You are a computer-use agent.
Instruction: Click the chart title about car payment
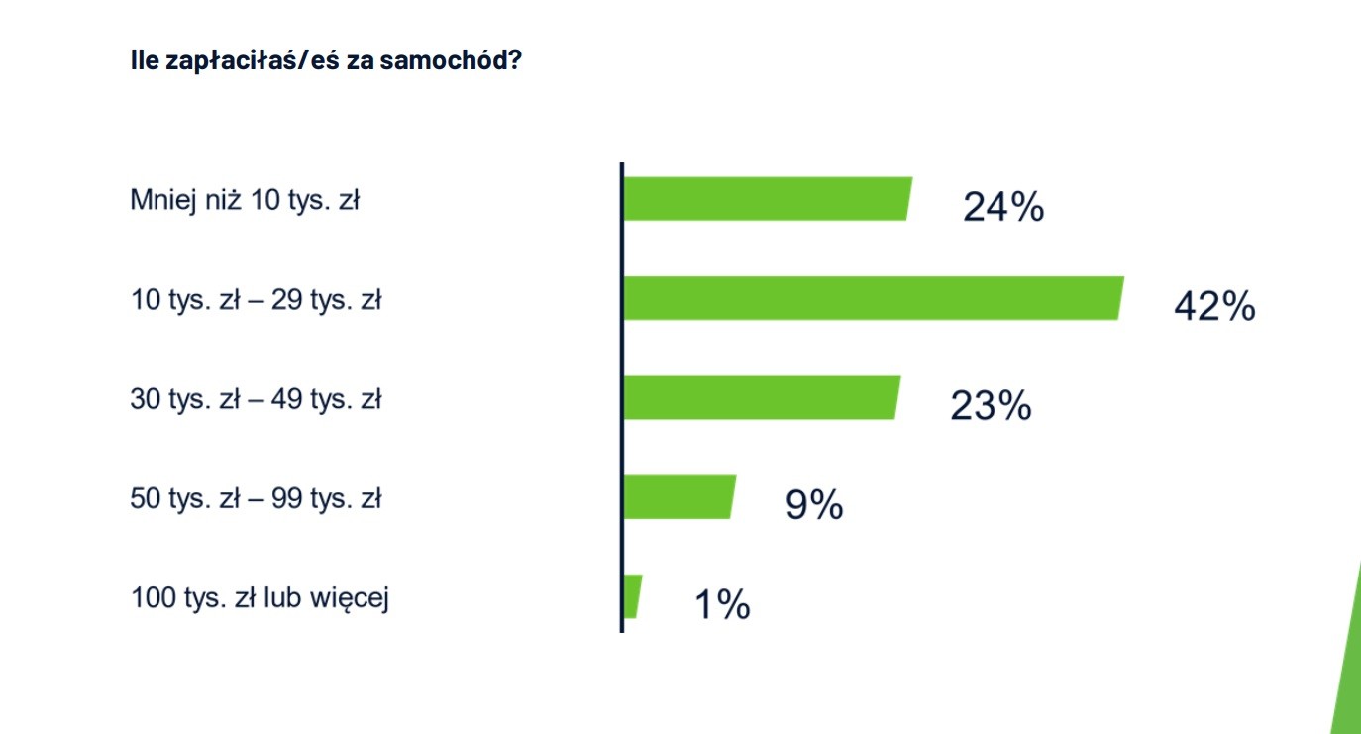tap(326, 60)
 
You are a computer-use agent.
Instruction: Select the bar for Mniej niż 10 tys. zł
tap(766, 199)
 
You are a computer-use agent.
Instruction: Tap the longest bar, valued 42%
tap(873, 298)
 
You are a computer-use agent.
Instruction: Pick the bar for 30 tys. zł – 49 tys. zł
tap(761, 397)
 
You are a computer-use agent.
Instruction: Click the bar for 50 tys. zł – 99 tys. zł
tap(679, 496)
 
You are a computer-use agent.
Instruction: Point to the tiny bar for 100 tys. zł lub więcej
tap(632, 596)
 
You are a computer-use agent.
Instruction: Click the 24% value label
tap(1003, 208)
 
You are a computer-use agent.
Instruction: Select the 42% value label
tap(1214, 307)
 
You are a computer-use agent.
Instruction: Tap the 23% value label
tap(991, 406)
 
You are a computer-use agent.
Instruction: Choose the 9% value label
tap(814, 505)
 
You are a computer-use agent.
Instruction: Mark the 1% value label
tap(722, 604)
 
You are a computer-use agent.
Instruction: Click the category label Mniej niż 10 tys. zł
tap(245, 201)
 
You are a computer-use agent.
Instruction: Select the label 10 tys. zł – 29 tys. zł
tap(256, 300)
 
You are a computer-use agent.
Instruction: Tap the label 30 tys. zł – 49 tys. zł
tap(256, 400)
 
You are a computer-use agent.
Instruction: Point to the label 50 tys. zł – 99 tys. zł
tap(256, 499)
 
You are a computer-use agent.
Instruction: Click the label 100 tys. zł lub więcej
tap(260, 599)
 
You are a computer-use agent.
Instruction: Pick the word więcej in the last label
tap(352, 600)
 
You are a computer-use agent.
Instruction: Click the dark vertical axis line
tap(621, 396)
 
